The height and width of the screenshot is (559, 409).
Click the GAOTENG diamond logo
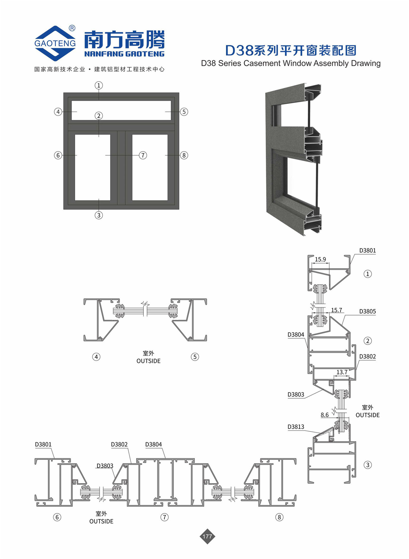point(55,43)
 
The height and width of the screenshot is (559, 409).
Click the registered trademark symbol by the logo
point(72,28)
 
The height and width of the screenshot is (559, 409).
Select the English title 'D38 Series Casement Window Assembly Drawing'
point(291,63)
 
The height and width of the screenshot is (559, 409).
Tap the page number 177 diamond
point(207,536)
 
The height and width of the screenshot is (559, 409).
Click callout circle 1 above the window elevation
point(99,85)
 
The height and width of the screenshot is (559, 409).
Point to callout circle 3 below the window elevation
point(99,215)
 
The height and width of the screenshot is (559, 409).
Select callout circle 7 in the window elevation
point(143,155)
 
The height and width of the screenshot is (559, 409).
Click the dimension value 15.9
point(320,259)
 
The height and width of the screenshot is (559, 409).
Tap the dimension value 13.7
point(342,372)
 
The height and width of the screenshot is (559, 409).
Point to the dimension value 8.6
point(325,415)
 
